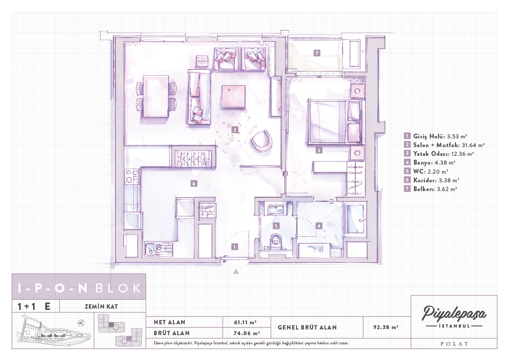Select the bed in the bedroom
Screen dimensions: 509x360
(x=335, y=122)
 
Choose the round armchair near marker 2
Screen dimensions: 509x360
(x=262, y=141)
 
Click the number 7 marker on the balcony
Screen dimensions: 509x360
(x=317, y=53)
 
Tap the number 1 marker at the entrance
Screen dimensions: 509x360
(x=234, y=247)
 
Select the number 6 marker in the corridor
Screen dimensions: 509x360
(x=194, y=184)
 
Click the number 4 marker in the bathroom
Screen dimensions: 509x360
(x=319, y=225)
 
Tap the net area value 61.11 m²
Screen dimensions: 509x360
(x=246, y=322)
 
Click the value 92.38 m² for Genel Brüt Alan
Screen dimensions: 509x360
(x=386, y=327)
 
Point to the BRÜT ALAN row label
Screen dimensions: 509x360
(x=172, y=333)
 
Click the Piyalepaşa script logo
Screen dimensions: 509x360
(x=454, y=313)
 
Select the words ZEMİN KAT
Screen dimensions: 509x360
(x=101, y=306)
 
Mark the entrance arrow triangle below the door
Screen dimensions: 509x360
(x=236, y=271)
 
